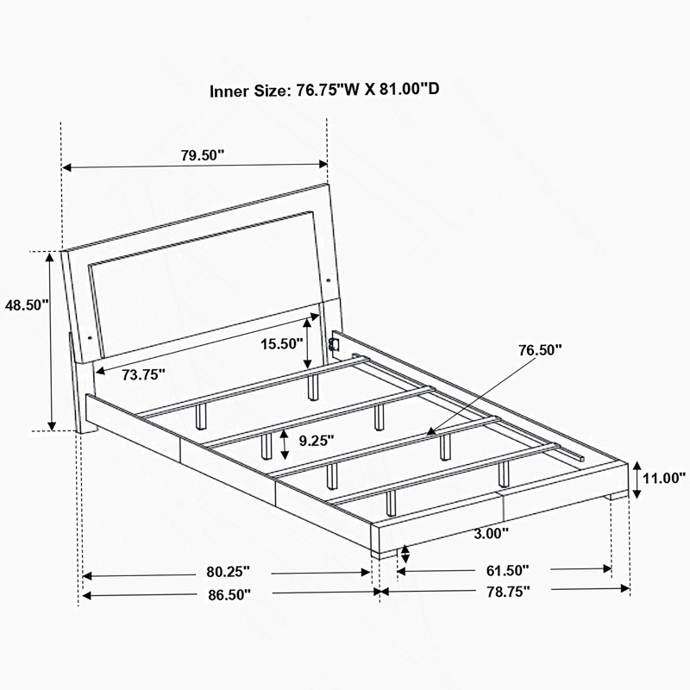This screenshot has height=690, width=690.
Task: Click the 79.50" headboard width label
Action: click(x=203, y=155)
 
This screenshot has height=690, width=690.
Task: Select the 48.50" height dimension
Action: click(x=27, y=304)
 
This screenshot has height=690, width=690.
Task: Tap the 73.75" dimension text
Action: click(x=143, y=374)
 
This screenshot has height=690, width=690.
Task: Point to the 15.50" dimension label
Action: click(x=282, y=343)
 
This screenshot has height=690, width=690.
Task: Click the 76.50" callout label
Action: click(x=540, y=350)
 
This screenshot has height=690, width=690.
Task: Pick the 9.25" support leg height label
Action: click(x=317, y=441)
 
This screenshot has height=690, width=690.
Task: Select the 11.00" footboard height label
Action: click(x=664, y=478)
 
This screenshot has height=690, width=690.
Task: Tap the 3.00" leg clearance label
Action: click(x=491, y=534)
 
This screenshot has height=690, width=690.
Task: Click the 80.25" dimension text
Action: click(x=228, y=572)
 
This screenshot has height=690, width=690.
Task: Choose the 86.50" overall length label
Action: click(x=229, y=595)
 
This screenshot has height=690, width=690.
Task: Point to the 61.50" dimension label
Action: click(x=507, y=571)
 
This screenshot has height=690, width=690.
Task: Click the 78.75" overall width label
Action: click(x=508, y=592)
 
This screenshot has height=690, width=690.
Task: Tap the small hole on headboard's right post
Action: click(x=329, y=279)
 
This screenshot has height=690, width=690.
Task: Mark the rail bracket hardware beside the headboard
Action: click(x=333, y=343)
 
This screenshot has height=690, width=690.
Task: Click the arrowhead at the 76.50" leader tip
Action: click(x=431, y=432)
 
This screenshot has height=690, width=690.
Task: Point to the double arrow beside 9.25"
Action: click(x=285, y=444)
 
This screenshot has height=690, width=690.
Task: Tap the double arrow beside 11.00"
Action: click(x=637, y=480)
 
